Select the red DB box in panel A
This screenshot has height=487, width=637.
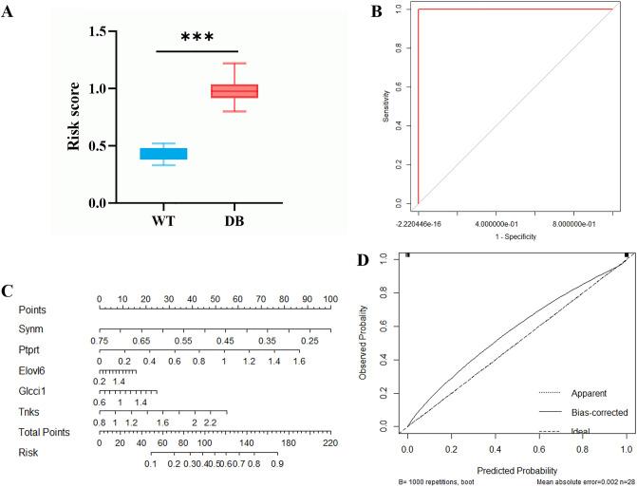tap(234, 91)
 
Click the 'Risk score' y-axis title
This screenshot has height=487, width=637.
tap(71, 117)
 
